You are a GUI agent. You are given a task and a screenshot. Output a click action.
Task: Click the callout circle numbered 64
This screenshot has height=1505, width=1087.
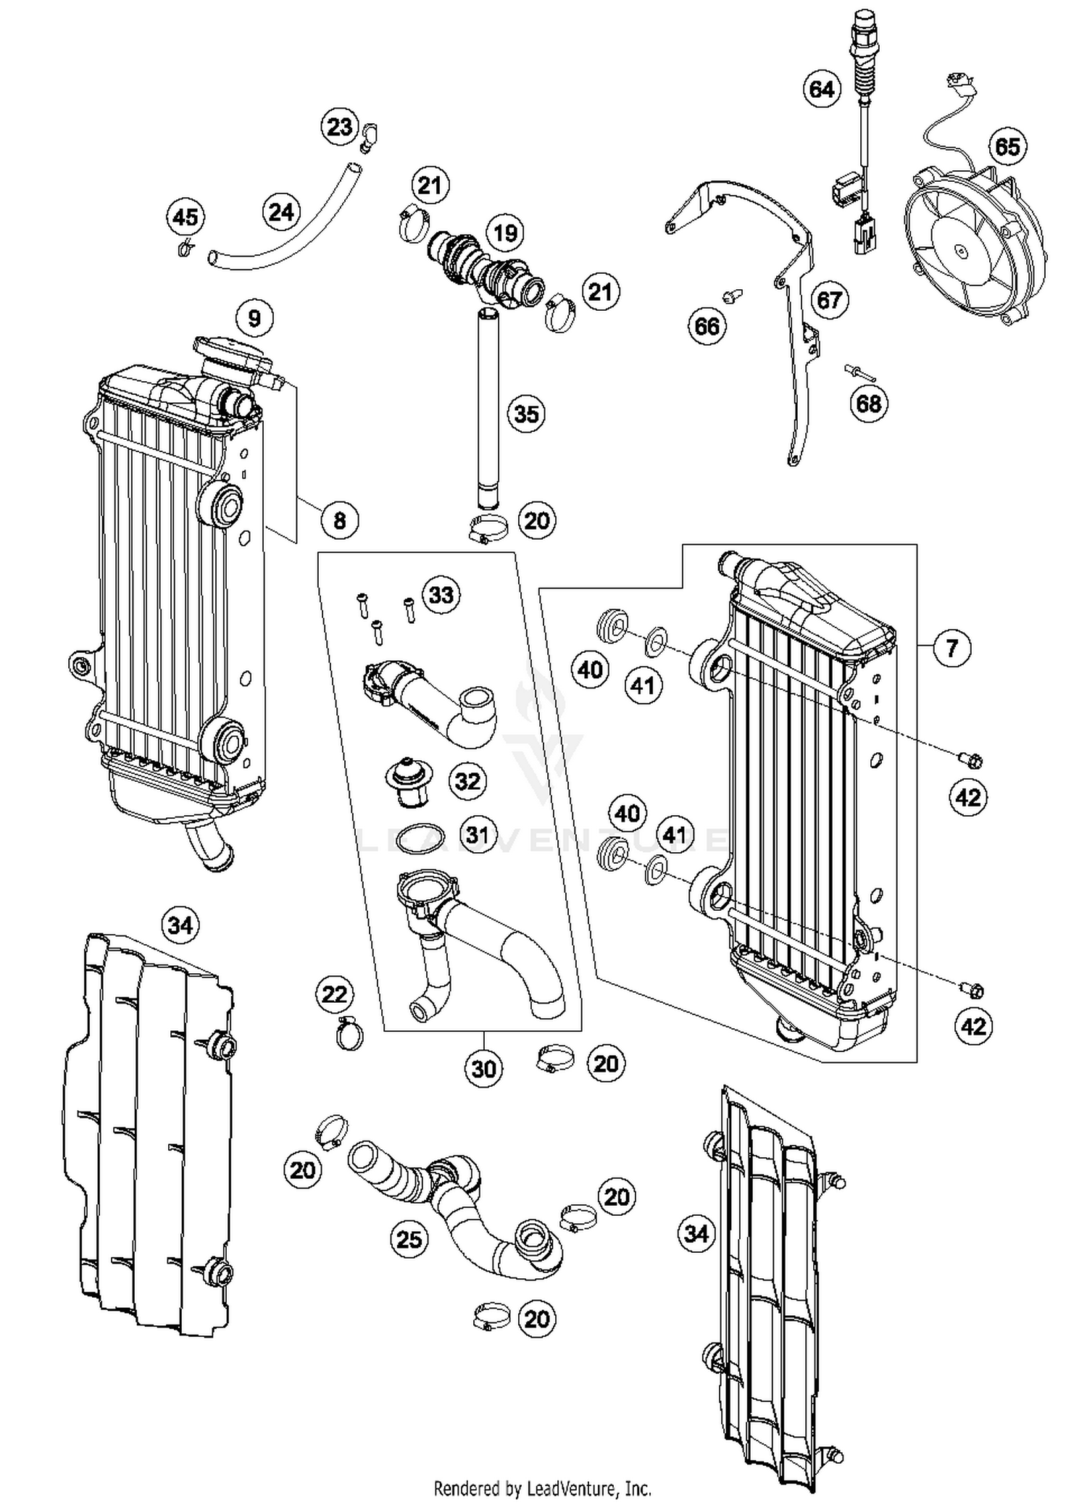coord(822,90)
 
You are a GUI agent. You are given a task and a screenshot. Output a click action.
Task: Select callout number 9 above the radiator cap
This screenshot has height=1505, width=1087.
coord(254,318)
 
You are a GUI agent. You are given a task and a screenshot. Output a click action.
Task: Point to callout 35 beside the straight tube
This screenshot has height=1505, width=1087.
coord(527,414)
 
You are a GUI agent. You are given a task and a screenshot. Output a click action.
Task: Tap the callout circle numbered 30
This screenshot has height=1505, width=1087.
coord(484,1068)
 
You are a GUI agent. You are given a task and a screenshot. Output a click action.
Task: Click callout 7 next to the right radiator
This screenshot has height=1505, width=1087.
coord(951,647)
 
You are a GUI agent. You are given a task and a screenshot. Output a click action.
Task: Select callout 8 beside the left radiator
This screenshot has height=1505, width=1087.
coord(340,520)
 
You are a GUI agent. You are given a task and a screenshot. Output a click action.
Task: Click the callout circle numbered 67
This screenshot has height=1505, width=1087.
coord(830,300)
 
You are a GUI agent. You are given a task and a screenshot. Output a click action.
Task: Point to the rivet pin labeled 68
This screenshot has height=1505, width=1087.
coord(860,374)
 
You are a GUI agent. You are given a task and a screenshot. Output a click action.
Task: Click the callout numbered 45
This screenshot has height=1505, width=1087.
coord(185,217)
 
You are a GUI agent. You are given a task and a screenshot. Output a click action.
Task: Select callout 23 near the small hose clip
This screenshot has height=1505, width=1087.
coord(340,128)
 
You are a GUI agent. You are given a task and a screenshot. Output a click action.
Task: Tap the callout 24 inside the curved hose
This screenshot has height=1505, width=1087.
coord(281,212)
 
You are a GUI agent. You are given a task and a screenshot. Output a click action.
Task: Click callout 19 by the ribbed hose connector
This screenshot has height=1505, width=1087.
coord(505,233)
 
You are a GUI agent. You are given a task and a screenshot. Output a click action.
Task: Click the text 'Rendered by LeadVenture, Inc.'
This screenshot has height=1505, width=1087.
coord(542,1488)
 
